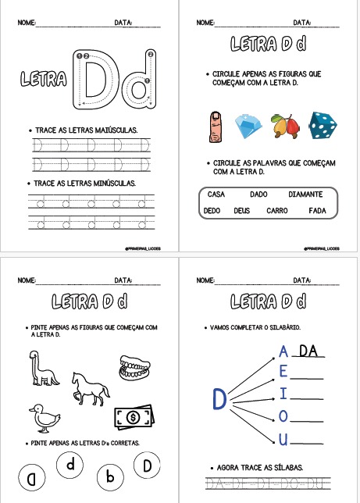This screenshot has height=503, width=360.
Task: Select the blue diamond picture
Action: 248,125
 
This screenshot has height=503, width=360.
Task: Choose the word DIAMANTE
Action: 305,194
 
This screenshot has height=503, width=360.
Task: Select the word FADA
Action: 316,210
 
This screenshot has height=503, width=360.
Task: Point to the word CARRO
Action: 276,210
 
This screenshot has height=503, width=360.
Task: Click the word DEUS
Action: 241,210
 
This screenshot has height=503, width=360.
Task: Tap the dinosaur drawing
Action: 42,366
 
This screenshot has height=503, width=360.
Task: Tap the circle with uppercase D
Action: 145,467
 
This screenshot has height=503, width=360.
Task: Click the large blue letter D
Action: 219,399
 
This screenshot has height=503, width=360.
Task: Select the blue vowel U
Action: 283,440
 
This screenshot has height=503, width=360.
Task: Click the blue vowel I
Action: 283,392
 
